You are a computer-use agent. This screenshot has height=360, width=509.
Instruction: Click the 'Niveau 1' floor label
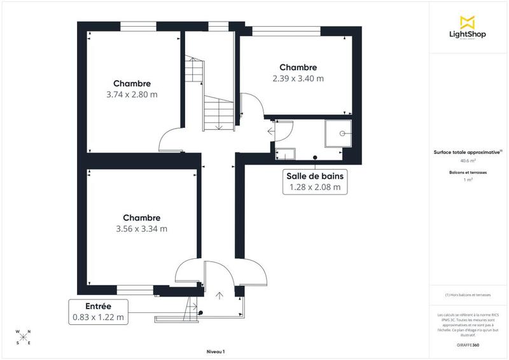tap(216, 351)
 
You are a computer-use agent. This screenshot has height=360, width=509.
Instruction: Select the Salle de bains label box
tap(315, 181)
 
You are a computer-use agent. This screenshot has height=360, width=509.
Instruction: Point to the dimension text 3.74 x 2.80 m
tap(132, 94)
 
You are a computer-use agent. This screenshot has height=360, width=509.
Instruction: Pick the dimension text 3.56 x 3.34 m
tap(141, 229)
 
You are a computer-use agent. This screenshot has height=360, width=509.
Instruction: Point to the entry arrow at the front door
tap(220, 296)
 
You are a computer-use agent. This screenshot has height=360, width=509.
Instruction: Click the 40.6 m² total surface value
tap(468, 161)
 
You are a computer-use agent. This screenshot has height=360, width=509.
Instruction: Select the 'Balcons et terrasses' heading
tap(468, 172)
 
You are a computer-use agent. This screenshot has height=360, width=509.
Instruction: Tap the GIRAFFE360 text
tap(468, 344)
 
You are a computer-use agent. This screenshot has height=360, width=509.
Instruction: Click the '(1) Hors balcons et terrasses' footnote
tap(468, 296)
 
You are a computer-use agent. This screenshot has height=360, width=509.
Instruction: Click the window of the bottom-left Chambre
tap(134, 289)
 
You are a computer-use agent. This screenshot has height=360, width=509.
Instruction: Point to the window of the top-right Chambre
tap(286, 30)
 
